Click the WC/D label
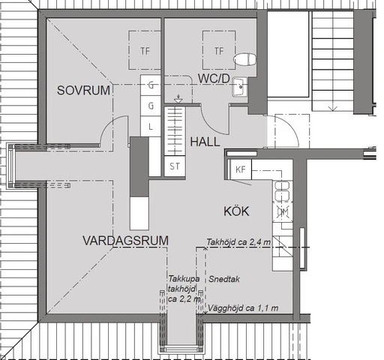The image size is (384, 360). click(214, 79)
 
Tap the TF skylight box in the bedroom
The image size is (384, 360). click(145, 51)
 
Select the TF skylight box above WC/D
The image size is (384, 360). click(218, 51)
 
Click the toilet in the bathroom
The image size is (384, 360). click(244, 59)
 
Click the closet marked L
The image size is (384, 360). click(151, 126)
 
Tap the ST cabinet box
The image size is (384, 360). click(175, 166)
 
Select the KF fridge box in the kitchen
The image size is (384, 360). click(241, 169)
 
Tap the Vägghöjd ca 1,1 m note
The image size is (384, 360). click(244, 308)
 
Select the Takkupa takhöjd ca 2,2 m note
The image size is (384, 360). click(183, 287)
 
